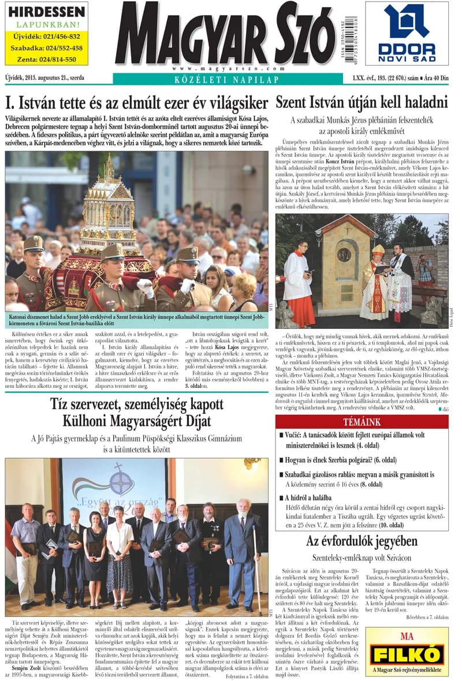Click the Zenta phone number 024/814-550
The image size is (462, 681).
click(x=46, y=59)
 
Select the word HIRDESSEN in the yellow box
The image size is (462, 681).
click(x=46, y=12)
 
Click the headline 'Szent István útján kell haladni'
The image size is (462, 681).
click(x=362, y=103)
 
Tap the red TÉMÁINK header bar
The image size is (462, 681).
click(x=362, y=438)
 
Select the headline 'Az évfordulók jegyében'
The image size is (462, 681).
click(x=362, y=541)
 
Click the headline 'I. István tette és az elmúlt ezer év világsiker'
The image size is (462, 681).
click(x=137, y=104)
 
